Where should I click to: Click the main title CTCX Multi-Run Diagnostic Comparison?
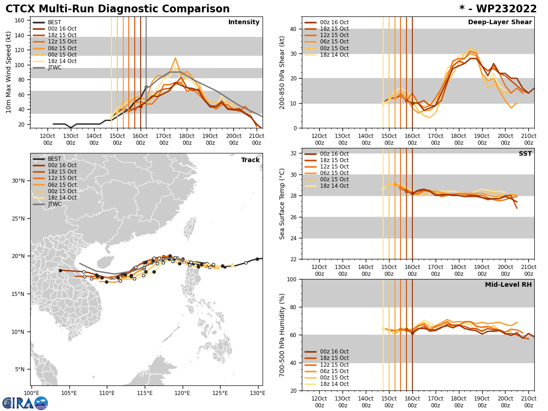117,9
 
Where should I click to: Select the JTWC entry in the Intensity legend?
54,68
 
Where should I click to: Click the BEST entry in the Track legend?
54,159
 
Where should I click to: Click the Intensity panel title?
244,22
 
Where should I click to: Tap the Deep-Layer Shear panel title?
500,22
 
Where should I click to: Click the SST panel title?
525,154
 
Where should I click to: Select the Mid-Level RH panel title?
508,285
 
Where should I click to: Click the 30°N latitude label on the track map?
17,181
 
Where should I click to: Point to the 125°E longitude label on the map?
220,392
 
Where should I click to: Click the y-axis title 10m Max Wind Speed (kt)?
9,72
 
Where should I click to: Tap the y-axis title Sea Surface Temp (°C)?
282,204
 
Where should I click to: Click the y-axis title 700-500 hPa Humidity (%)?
282,335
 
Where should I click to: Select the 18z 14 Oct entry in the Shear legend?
334,55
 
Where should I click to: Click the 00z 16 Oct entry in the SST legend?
334,154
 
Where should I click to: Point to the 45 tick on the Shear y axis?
293,17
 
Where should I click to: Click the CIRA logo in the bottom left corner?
25,403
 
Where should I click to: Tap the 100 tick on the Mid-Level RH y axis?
291,279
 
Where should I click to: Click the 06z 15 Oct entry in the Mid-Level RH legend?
334,371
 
